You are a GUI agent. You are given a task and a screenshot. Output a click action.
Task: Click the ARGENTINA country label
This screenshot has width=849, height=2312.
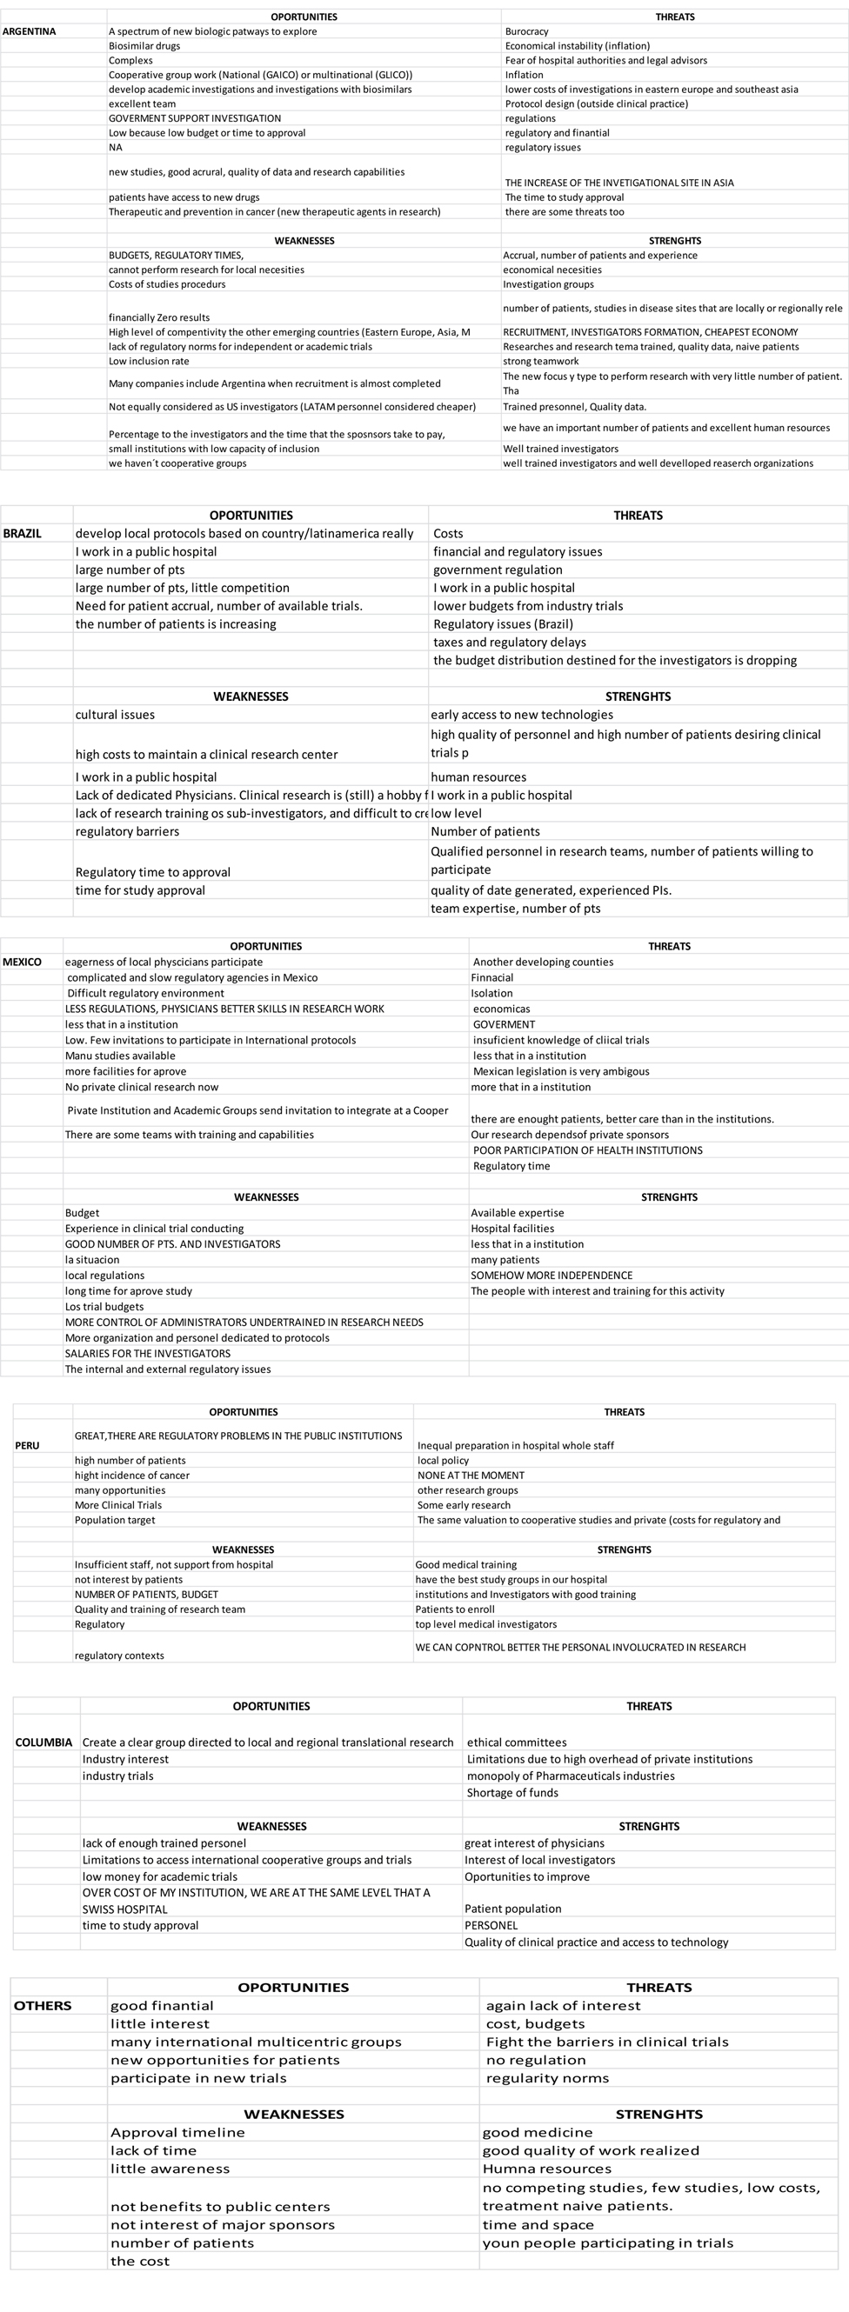click(29, 31)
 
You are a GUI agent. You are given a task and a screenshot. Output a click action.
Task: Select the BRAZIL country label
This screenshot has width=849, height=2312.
click(23, 533)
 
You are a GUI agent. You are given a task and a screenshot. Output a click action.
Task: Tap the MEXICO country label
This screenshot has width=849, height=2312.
click(23, 963)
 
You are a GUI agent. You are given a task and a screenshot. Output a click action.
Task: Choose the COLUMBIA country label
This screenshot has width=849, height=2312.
click(43, 1742)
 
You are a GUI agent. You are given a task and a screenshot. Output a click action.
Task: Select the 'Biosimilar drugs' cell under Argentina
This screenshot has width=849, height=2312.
click(144, 46)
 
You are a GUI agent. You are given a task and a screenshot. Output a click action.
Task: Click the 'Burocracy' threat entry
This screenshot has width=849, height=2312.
click(527, 31)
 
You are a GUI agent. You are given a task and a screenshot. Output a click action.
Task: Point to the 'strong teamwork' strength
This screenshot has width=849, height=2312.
click(540, 361)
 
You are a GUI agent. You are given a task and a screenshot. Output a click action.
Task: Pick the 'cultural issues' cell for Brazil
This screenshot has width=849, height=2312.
click(115, 715)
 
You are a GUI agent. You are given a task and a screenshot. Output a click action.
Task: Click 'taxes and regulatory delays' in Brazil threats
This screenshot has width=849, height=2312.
click(510, 642)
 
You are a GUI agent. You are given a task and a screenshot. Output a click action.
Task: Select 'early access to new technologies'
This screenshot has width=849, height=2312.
click(521, 715)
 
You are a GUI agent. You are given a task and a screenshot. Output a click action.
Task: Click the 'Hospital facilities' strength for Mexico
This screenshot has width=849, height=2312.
click(512, 1229)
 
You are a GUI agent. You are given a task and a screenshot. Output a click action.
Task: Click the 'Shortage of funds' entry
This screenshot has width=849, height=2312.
click(512, 1792)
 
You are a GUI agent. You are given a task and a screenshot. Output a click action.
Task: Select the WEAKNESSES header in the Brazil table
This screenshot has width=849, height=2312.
click(251, 696)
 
